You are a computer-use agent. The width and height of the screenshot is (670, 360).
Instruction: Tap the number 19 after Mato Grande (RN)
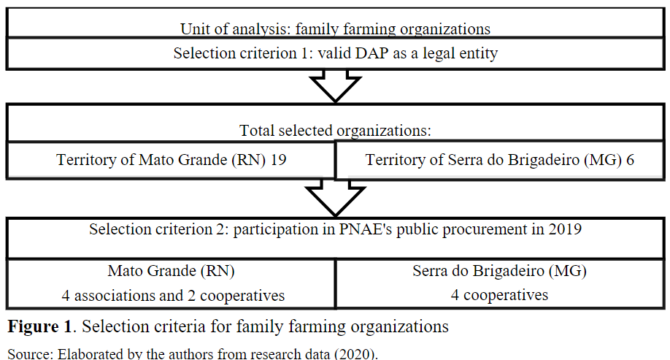pos(278,159)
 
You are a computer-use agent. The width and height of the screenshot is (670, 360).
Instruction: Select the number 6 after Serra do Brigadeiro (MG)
pos(630,159)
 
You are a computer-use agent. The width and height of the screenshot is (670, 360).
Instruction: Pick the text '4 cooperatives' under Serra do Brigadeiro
pos(500,296)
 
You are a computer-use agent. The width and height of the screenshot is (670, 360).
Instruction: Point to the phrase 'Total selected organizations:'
pos(335,131)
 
